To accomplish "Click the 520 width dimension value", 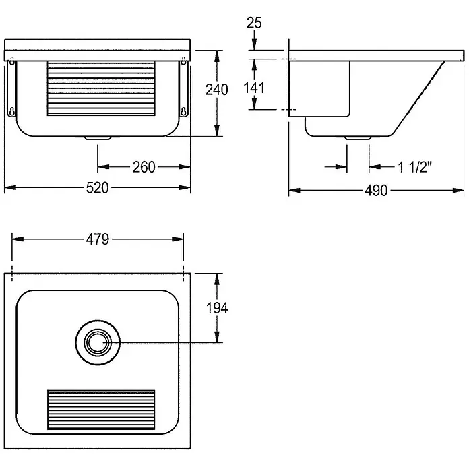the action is pos(97,188).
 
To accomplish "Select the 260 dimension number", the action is pos(144,167).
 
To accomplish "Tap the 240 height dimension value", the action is pos(217,90).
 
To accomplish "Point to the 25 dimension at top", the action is pos(254,23).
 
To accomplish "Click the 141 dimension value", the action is pos(254,88).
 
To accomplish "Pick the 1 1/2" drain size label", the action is pos(414,167).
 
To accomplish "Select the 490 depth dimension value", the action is pos(376,191).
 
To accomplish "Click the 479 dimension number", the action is pos(98,239).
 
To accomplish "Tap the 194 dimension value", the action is pos(217,308).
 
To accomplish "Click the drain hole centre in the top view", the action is pos(98,342).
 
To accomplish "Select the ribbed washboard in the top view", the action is pos(101,410).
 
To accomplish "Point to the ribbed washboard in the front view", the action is pos(101,88).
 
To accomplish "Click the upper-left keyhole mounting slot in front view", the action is pos(12,61).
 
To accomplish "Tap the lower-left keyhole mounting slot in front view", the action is pos(12,111).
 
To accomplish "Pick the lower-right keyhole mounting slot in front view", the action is pos(183,111).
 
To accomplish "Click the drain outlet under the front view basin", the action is pos(98,138).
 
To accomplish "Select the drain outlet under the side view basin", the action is pos(358,138).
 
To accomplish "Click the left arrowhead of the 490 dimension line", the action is pos(294,190).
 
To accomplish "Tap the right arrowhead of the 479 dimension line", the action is pos(178,239).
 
